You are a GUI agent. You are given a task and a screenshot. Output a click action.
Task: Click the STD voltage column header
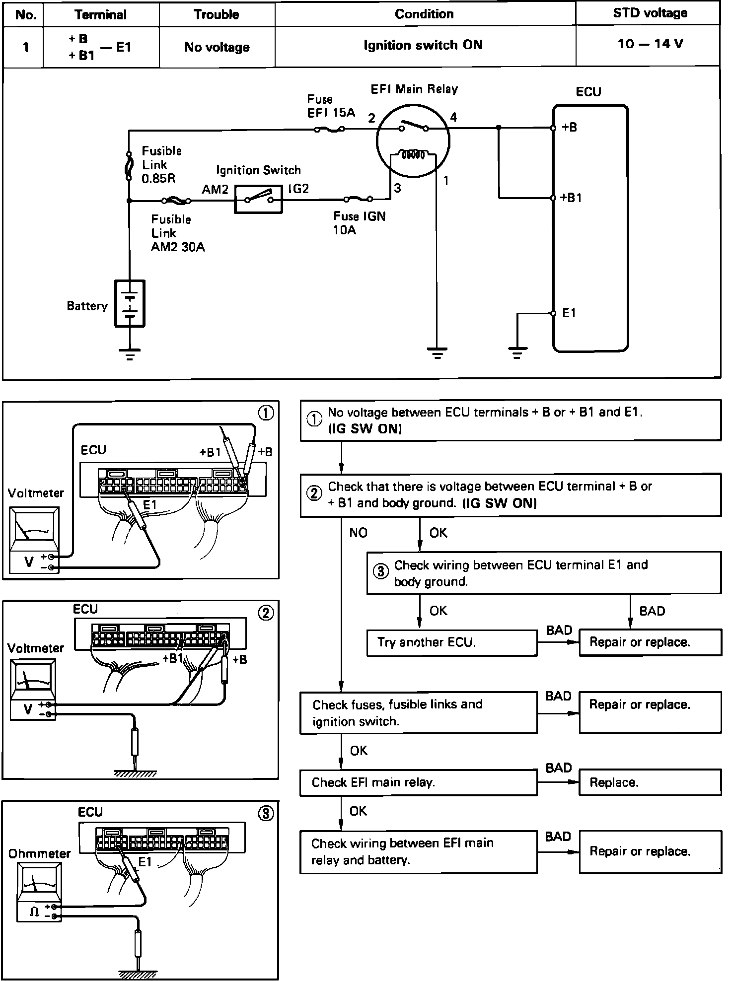pos(650,13)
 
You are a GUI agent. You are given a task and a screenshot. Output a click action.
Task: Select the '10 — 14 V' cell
pos(650,44)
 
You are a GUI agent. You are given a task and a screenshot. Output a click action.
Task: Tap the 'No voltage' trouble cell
pos(217,47)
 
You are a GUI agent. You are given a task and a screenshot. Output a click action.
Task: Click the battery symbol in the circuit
pos(130,303)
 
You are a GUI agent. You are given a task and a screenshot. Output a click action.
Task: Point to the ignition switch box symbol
pos(258,200)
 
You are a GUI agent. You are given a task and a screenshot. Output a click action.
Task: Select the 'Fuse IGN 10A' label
pos(359,223)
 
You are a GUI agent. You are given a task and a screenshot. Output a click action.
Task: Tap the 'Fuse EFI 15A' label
pos(331,106)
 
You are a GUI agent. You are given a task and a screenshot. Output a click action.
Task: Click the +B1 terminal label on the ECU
pos(571,198)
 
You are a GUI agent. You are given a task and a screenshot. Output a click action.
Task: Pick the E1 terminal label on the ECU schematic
pos(569,313)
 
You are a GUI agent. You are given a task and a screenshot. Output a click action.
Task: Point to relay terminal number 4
pos(453,118)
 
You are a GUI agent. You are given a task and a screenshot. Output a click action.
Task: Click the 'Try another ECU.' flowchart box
pos(451,642)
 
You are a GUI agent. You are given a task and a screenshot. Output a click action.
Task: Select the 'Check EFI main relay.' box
pos(418,782)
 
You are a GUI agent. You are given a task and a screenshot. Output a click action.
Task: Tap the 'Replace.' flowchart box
pos(650,782)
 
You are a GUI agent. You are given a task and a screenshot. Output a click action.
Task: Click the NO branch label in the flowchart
pos(358,533)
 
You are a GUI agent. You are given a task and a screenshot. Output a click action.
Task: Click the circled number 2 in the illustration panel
pos(266,613)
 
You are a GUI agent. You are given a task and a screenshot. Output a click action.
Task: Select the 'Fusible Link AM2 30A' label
pos(177,233)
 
